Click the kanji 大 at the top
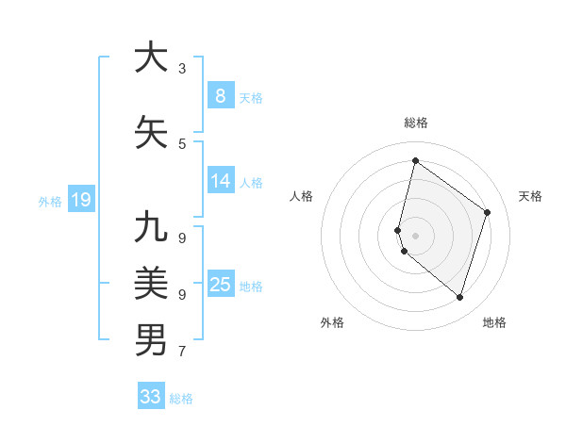(151, 57)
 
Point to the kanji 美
(151, 283)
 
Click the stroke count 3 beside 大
(182, 68)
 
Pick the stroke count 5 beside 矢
(182, 143)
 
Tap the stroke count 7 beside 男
(182, 352)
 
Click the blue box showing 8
(220, 95)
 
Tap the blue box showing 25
(220, 284)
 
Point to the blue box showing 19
(80, 199)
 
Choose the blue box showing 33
(151, 397)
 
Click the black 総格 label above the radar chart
(416, 123)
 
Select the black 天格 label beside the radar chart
(530, 196)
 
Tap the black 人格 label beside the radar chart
(301, 196)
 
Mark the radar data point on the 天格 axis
(488, 212)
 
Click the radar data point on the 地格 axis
(459, 298)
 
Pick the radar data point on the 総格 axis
(415, 160)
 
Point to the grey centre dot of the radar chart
(415, 235)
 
